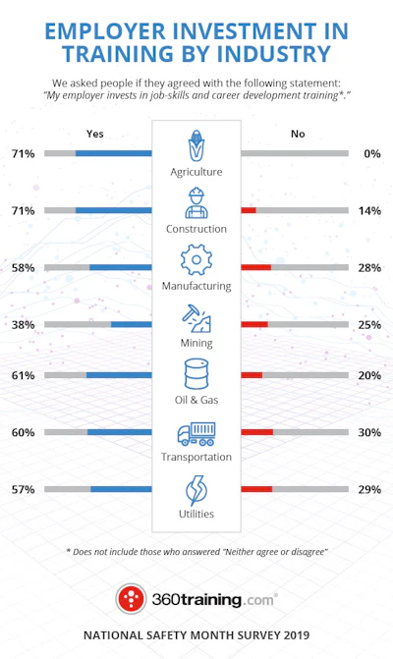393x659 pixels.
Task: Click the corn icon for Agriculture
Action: click(x=196, y=145)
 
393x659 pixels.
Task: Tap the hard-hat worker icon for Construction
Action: click(x=196, y=203)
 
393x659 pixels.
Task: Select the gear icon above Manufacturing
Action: click(x=196, y=259)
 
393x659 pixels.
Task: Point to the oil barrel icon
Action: click(x=196, y=373)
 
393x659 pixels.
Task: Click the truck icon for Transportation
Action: click(x=196, y=434)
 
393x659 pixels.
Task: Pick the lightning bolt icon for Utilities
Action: click(x=196, y=490)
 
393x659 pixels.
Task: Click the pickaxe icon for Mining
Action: click(x=196, y=318)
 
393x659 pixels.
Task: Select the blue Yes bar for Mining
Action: click(x=131, y=324)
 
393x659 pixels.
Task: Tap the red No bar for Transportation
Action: click(x=257, y=432)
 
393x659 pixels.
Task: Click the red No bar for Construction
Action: click(x=249, y=210)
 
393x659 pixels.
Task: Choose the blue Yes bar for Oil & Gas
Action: click(x=119, y=375)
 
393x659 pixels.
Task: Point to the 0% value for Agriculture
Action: click(x=372, y=154)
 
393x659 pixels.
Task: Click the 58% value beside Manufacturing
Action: click(x=24, y=268)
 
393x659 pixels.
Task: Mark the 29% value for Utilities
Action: click(x=369, y=489)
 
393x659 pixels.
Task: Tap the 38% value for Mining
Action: click(x=24, y=325)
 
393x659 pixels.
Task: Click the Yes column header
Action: click(x=95, y=134)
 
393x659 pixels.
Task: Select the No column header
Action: click(x=298, y=134)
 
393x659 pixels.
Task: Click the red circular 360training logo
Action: click(x=131, y=598)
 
